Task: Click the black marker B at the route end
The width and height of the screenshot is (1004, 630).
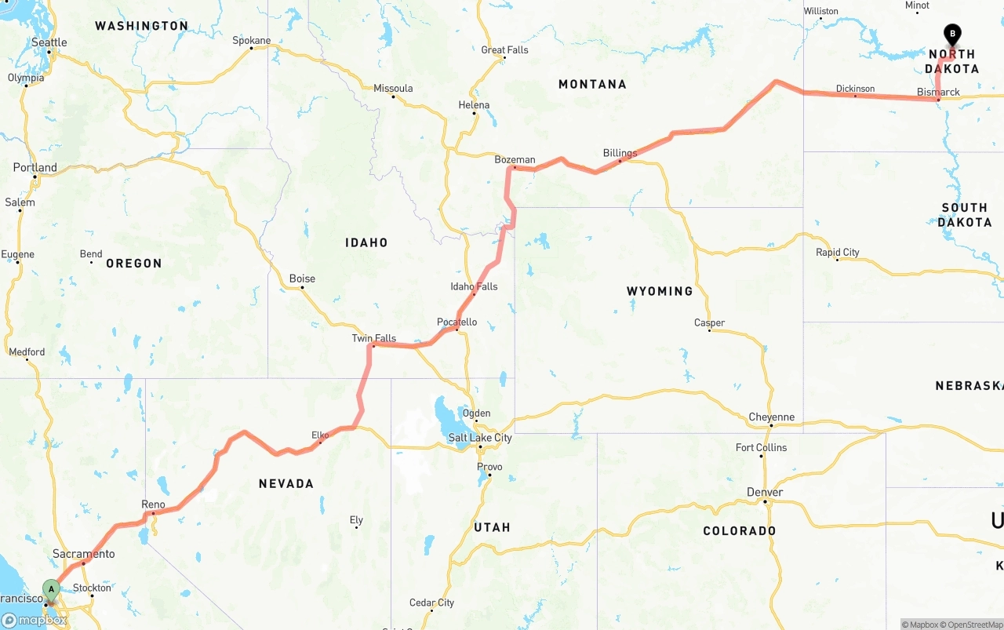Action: pos(952,35)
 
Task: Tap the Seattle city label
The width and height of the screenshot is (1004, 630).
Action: pos(49,42)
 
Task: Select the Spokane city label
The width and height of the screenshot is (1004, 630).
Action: pos(251,41)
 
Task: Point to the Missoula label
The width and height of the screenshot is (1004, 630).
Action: pos(393,88)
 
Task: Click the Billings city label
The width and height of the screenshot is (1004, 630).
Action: pos(620,153)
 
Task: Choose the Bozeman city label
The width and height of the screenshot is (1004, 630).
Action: pos(515,160)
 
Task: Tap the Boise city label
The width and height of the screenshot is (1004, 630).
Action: pos(302,279)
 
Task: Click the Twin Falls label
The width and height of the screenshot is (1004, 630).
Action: pos(373,338)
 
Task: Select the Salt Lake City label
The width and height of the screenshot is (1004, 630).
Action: pos(480,438)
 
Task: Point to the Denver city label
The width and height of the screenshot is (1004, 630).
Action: pos(764,492)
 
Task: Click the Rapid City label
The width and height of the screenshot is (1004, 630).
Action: pos(837,252)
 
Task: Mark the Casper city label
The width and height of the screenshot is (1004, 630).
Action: pos(709,322)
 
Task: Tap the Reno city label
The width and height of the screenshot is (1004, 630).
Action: pos(153,504)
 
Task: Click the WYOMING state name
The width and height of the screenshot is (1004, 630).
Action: pos(660,291)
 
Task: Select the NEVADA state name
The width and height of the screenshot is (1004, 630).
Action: pos(286,483)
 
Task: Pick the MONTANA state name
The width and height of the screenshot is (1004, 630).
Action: pos(592,84)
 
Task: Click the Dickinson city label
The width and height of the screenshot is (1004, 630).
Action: pos(855,89)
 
